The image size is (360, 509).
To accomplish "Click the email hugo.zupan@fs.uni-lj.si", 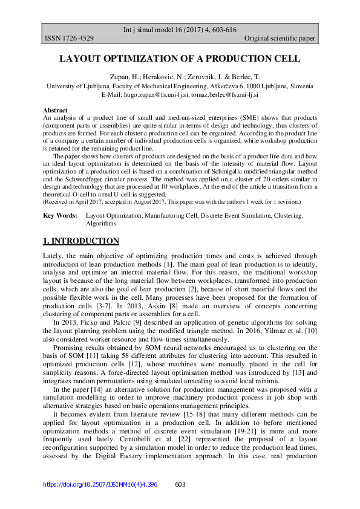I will [x=157, y=95].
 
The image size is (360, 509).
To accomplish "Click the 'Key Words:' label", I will [x=60, y=215].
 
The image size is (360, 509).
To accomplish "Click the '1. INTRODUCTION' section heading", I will [x=81, y=241].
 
